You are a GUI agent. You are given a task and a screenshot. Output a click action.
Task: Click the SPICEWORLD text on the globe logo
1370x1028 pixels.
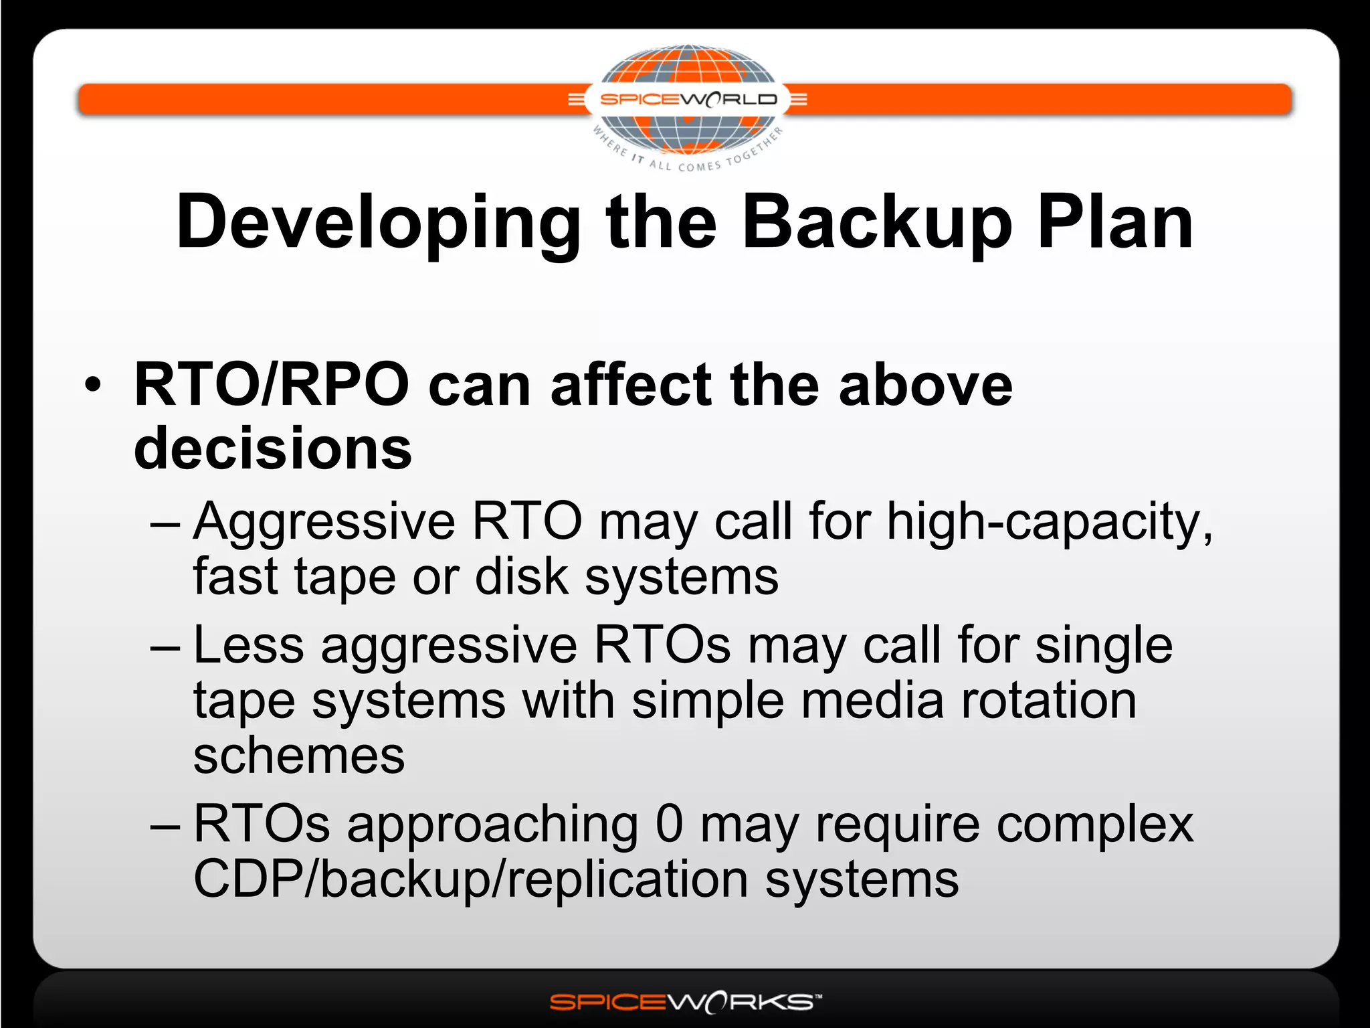click(688, 100)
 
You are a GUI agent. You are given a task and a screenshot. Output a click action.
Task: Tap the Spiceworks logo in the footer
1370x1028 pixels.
click(685, 1002)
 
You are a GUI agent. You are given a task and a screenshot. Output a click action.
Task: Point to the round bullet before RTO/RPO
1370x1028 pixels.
click(94, 385)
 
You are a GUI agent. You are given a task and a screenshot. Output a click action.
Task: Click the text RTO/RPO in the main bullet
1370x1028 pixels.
click(272, 385)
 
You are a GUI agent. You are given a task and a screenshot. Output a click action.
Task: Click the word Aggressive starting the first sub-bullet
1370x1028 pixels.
click(324, 522)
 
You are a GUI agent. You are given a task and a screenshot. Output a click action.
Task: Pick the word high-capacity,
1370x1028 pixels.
click(1050, 522)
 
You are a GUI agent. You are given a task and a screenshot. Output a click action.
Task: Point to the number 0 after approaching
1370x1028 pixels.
click(669, 824)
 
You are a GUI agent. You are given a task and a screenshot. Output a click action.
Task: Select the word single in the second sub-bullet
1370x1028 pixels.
click(1104, 647)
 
